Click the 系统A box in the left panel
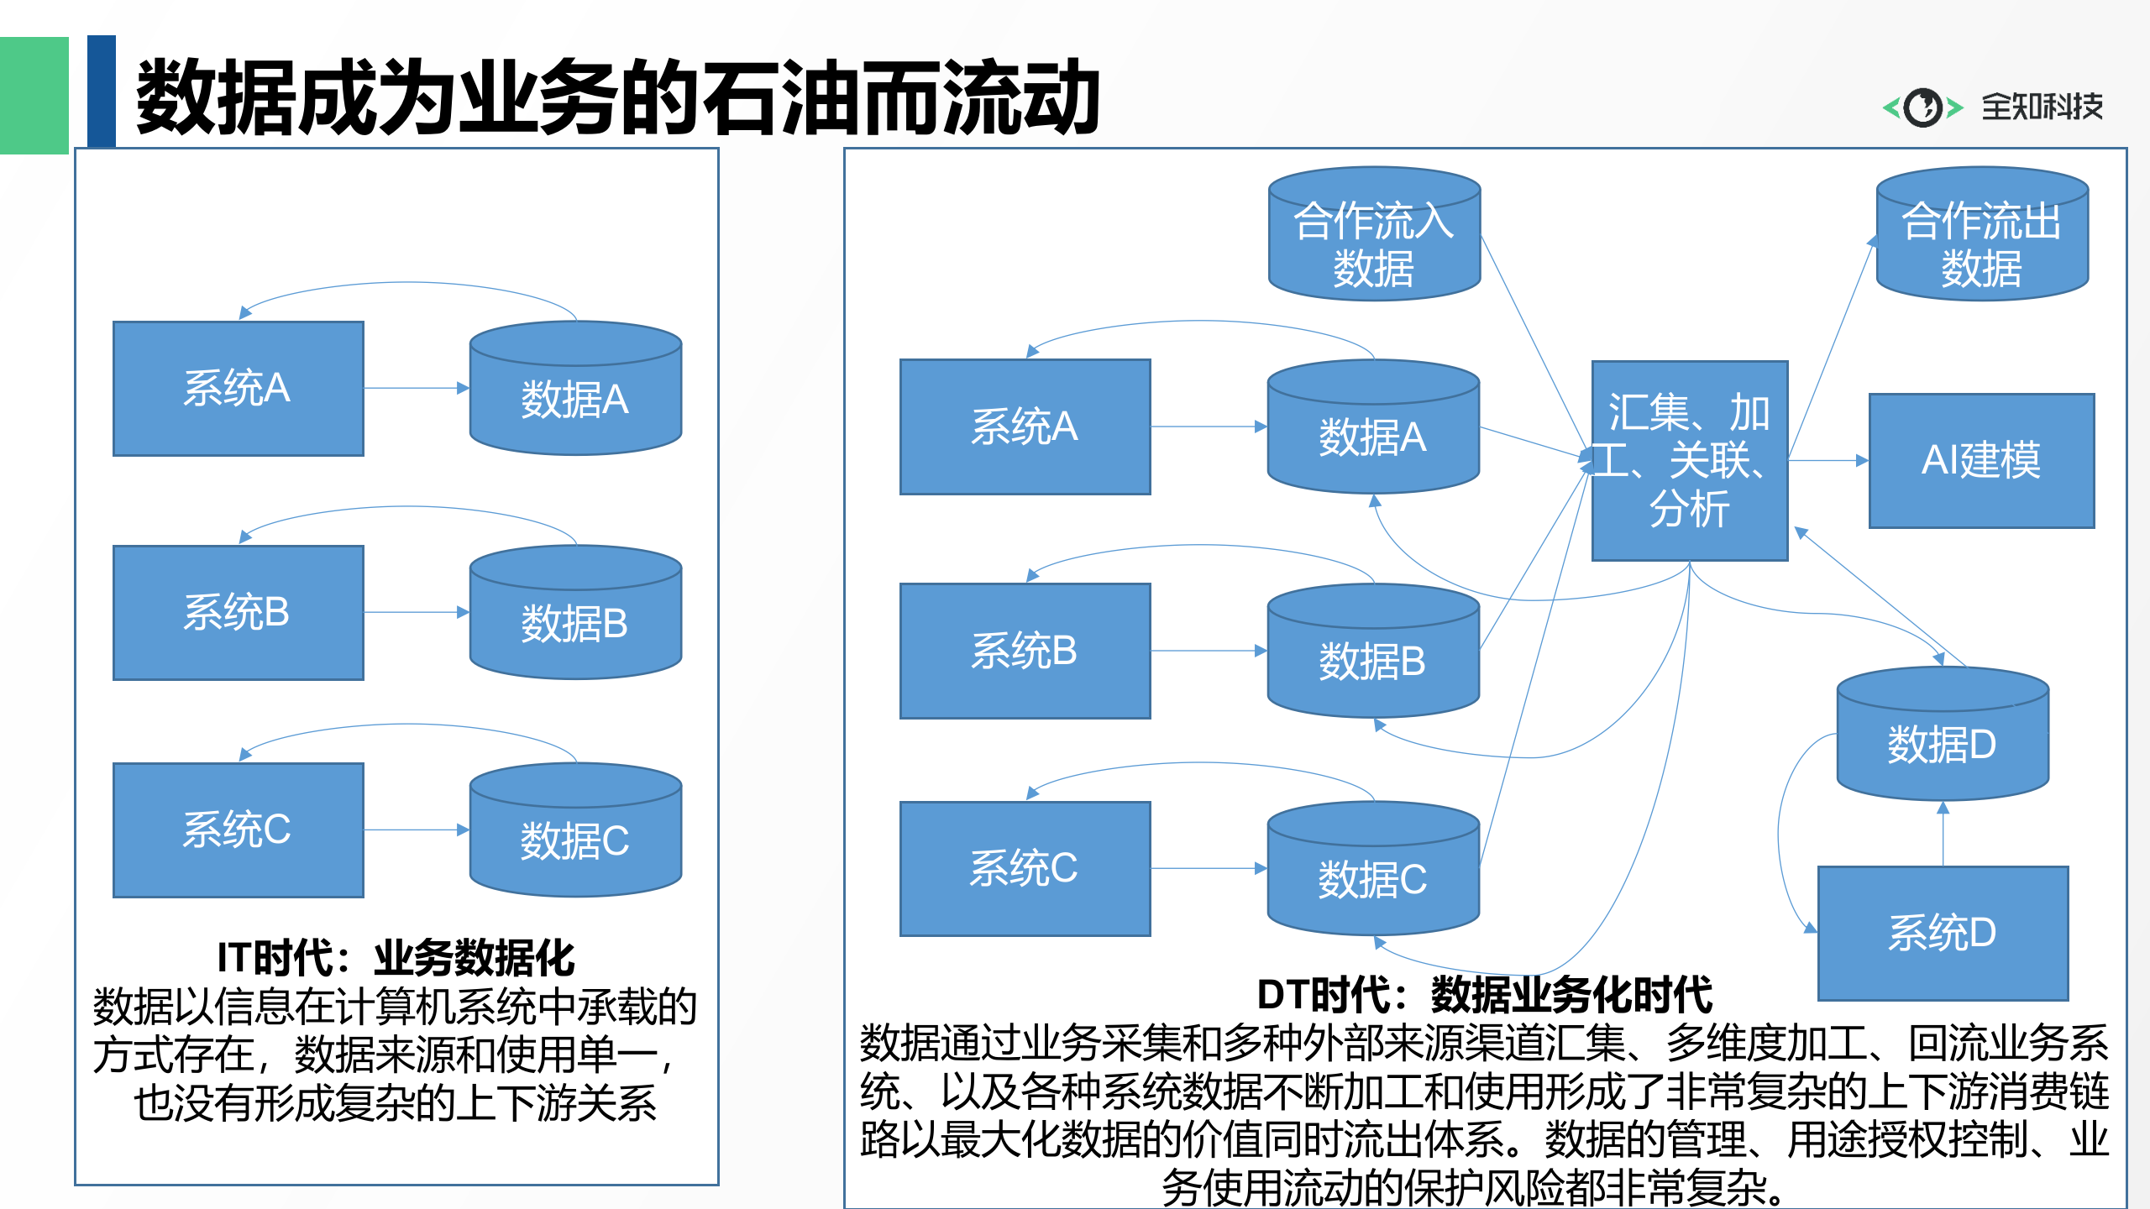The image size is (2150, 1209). (239, 389)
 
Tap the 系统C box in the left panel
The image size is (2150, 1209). (239, 830)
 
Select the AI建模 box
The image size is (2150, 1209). (1981, 461)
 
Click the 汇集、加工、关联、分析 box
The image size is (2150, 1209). (1690, 461)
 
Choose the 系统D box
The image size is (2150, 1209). (1943, 933)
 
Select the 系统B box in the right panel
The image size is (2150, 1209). (1025, 652)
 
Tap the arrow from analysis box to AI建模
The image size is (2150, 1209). (1827, 460)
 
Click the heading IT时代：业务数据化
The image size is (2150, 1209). (395, 958)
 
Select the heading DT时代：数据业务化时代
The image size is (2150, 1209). (1484, 996)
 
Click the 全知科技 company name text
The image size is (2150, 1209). (2042, 107)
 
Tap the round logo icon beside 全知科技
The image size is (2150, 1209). (1922, 107)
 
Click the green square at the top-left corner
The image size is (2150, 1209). (34, 95)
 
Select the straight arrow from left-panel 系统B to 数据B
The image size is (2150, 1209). (416, 612)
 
